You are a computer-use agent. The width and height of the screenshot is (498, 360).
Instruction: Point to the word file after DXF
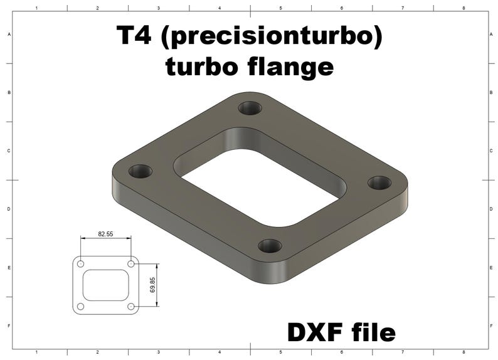[x=373, y=332]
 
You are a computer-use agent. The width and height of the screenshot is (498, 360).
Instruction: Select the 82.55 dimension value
[x=105, y=233]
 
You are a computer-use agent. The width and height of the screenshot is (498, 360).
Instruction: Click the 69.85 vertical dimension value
[x=152, y=285]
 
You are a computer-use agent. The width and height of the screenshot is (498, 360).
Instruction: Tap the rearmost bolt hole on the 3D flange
[x=250, y=108]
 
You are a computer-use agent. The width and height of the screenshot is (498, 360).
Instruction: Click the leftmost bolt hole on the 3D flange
[x=140, y=171]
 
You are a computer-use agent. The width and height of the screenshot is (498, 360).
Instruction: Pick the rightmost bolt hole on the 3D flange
[x=379, y=183]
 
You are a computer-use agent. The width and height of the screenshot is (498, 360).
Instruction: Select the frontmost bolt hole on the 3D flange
[x=270, y=245]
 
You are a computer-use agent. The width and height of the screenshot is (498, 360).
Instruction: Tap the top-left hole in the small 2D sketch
[x=80, y=264]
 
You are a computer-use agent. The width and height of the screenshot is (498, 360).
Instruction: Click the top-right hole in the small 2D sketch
[x=130, y=264]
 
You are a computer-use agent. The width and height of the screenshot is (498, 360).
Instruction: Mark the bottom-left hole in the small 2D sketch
[x=80, y=307]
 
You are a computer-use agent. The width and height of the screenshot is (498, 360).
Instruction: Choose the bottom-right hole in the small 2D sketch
[x=130, y=307]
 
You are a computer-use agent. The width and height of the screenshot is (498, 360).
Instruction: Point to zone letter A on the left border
[x=8, y=35]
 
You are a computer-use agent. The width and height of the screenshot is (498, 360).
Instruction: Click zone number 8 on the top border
[x=463, y=8]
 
